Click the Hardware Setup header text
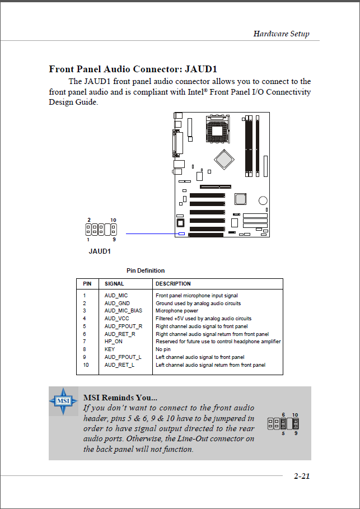pos(281,34)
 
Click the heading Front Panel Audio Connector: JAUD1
pos(133,69)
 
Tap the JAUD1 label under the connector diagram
pos(100,251)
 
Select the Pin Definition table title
pos(146,270)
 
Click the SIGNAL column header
pos(114,283)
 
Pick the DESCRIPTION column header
pos(173,283)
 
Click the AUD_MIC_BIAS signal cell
pos(123,311)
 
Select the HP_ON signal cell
pos(113,342)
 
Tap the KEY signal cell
pos(110,349)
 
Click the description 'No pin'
pos(163,349)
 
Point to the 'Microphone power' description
pos(177,311)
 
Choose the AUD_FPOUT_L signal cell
pos(123,357)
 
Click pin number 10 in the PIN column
pos(86,365)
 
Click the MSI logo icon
pos(63,401)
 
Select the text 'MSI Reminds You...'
pos(120,398)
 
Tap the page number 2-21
pos(302,477)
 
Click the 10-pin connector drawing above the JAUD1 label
pos(101,229)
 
